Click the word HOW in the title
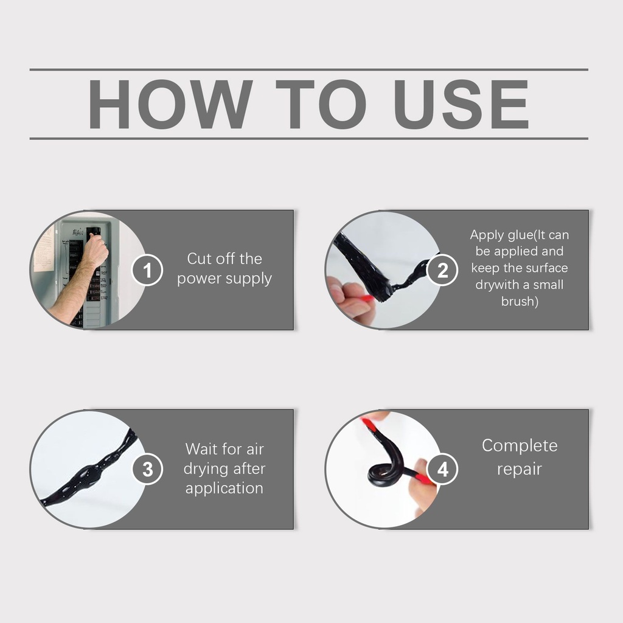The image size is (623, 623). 170,104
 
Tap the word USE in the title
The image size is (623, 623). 461,104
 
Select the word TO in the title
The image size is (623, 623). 321,104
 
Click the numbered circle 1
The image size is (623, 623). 147,270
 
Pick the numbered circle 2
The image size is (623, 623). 442,270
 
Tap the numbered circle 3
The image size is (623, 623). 147,469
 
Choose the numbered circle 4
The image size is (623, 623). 442,469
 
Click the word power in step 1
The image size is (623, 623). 198,279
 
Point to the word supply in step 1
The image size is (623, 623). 248,279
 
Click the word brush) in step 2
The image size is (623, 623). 520,302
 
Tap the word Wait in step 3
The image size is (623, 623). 200,450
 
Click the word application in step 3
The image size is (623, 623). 224,489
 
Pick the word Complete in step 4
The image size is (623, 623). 520,445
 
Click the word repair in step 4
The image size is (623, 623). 520,469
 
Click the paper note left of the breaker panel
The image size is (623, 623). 43,250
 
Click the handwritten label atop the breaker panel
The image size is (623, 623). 77,232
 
